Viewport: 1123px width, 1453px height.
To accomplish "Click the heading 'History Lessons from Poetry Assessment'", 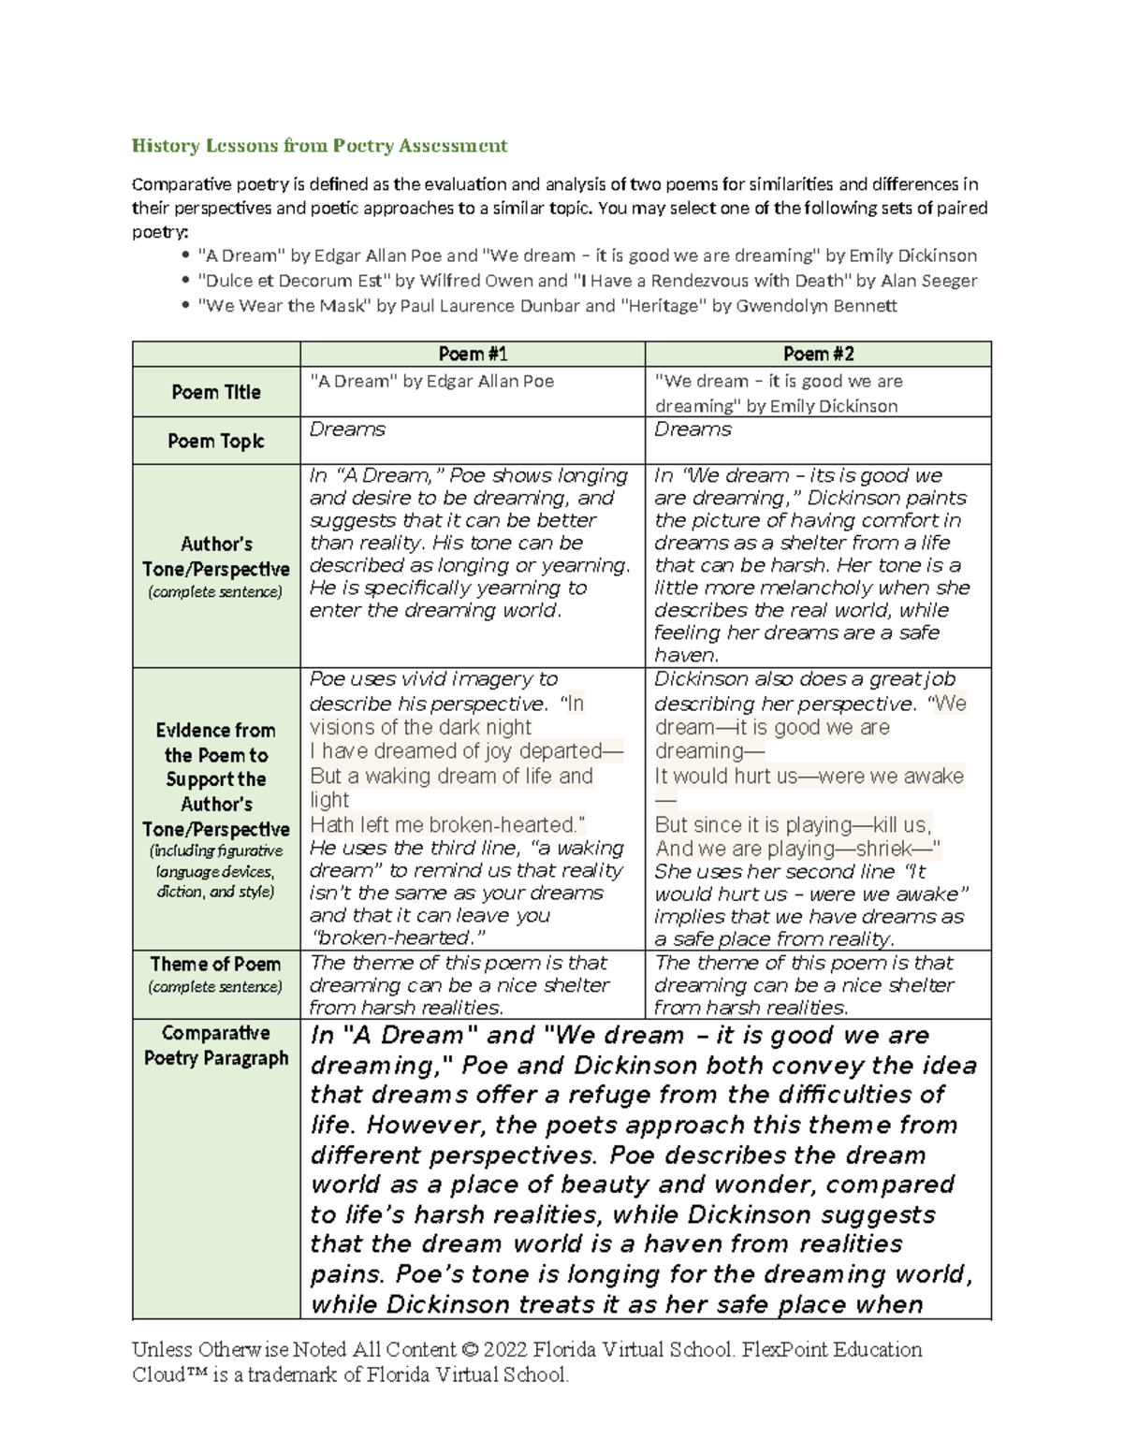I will pyautogui.click(x=319, y=145).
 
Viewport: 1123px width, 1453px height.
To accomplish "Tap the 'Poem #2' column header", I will pyautogui.click(x=817, y=354).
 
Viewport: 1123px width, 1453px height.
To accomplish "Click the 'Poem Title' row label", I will pyautogui.click(x=215, y=392).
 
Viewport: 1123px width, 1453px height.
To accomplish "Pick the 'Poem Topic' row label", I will pyautogui.click(x=215, y=441).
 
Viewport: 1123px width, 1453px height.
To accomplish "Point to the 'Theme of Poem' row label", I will pyautogui.click(x=215, y=965).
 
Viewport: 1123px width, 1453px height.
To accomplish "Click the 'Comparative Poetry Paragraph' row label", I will pyautogui.click(x=215, y=1045).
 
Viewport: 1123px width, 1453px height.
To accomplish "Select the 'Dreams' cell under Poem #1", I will pyautogui.click(x=347, y=429).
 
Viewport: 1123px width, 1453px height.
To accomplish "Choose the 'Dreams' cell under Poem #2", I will pyautogui.click(x=693, y=429).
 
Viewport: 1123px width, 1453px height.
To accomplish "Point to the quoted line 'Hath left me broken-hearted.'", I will pyautogui.click(x=447, y=824).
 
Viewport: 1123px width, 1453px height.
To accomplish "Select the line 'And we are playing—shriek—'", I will pyautogui.click(x=797, y=849).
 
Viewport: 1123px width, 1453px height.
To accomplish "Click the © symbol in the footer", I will pyautogui.click(x=470, y=1350).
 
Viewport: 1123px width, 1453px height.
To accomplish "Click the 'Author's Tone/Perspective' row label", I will pyautogui.click(x=215, y=557).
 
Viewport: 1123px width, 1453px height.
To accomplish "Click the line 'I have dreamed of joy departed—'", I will pyautogui.click(x=465, y=751).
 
